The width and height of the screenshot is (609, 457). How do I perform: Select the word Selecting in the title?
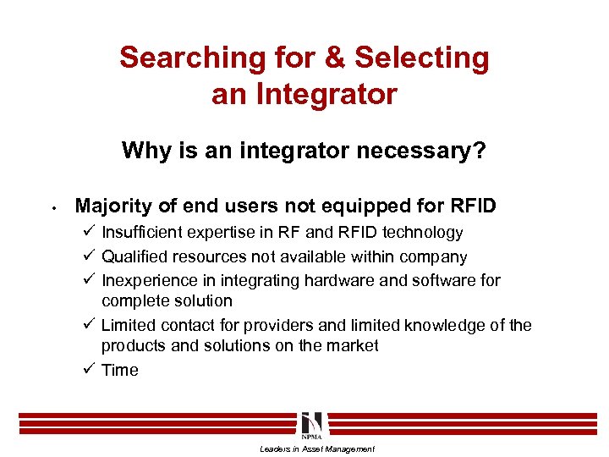421,58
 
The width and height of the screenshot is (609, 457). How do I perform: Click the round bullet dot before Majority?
52,206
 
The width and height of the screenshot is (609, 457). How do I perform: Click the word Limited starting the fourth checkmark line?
128,325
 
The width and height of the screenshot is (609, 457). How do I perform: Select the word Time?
120,370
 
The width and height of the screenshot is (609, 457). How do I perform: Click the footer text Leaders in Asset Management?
316,449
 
